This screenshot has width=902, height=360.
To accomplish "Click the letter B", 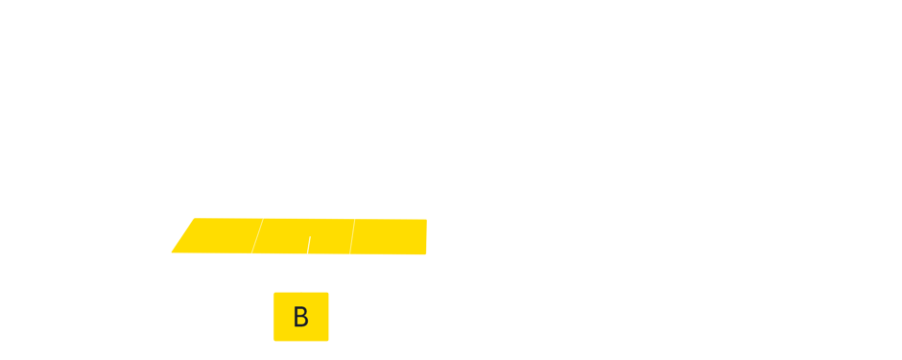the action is click(x=300, y=318).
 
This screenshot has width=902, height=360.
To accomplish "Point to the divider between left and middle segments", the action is click(x=255, y=236).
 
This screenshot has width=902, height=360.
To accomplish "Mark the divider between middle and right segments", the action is click(x=352, y=237).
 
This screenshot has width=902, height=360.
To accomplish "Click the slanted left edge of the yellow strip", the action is click(x=183, y=236).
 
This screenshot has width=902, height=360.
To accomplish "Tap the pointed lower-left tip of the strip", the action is click(x=172, y=252).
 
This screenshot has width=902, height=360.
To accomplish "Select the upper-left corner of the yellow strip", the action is click(x=196, y=219).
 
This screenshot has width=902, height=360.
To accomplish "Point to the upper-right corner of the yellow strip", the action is click(x=426, y=220).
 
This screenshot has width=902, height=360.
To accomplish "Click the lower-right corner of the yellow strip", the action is click(x=426, y=254).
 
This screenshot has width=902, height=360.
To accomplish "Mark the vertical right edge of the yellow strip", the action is click(x=426, y=237).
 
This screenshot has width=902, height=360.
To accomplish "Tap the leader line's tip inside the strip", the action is click(x=310, y=236).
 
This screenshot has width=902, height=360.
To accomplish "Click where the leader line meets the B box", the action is click(x=300, y=292).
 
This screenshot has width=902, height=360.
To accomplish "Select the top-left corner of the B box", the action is click(x=274, y=293).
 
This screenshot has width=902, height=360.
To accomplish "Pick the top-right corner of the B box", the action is click(x=328, y=293).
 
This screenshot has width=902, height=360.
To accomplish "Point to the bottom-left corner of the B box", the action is click(x=274, y=340).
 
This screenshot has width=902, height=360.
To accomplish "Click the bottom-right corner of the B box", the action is click(x=328, y=340).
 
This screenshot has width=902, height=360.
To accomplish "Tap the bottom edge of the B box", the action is click(x=301, y=340).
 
